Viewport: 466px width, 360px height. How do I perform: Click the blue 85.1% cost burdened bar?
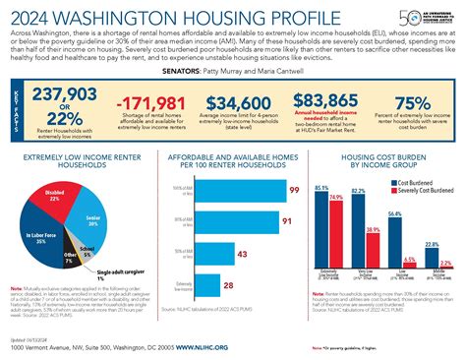(x=321, y=235)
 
